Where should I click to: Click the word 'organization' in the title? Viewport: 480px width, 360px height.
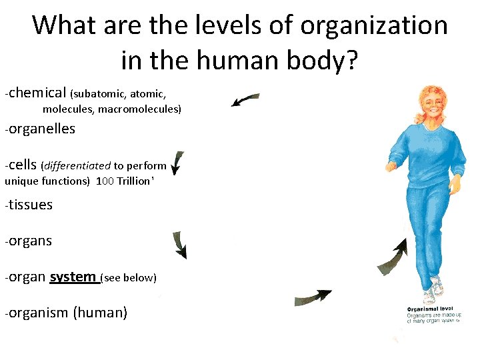coord(374,26)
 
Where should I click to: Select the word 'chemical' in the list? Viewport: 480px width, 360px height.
coord(37,93)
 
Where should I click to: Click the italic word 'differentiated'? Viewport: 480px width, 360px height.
coord(77,165)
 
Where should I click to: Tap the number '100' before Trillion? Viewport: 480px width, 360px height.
coord(105,181)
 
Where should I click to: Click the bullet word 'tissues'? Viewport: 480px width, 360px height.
coord(30,205)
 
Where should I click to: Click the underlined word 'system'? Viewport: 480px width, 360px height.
coord(73,276)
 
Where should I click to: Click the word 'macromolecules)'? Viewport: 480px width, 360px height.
coord(139,109)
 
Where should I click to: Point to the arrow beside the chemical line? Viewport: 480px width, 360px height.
coord(245,100)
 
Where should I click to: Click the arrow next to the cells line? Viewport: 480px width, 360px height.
coord(177,163)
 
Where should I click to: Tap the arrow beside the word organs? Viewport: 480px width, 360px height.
coord(179,245)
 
